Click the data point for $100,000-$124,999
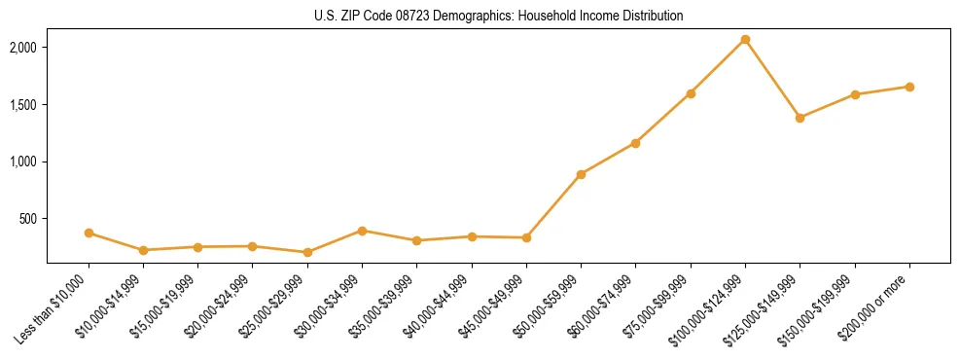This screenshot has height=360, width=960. pyautogui.click(x=745, y=40)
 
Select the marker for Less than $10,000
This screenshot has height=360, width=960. pyautogui.click(x=89, y=234)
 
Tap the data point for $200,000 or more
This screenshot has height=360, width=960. pyautogui.click(x=909, y=87)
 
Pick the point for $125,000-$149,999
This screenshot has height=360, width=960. pyautogui.click(x=800, y=118)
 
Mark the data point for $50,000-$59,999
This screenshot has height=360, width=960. pyautogui.click(x=581, y=174)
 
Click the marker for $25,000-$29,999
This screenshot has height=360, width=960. pyautogui.click(x=307, y=252)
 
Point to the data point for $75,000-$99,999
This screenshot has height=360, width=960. pyautogui.click(x=691, y=93)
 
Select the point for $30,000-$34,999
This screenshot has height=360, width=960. pyautogui.click(x=362, y=231)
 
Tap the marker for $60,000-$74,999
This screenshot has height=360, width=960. pyautogui.click(x=635, y=143)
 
